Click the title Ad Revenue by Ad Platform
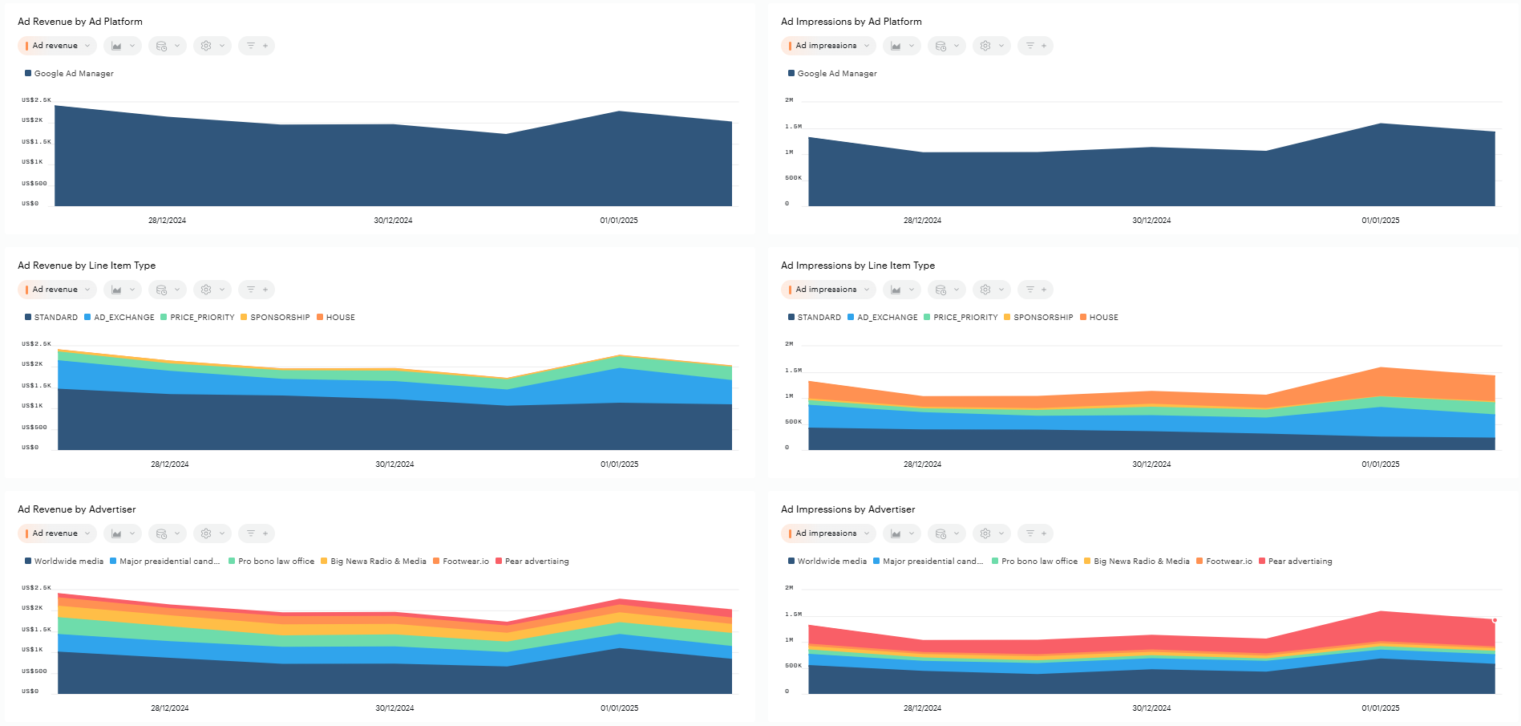pyautogui.click(x=80, y=22)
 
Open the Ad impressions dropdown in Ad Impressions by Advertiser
pyautogui.click(x=827, y=533)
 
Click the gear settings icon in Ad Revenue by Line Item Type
pyautogui.click(x=212, y=290)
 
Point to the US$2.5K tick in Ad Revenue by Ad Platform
pyautogui.click(x=36, y=100)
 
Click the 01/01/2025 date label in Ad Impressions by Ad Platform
pyautogui.click(x=1380, y=221)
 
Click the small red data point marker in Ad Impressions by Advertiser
pyautogui.click(x=1495, y=620)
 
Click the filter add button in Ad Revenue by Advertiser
pyautogui.click(x=257, y=533)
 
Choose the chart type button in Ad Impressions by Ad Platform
pyautogui.click(x=901, y=46)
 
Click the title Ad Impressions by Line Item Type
pyautogui.click(x=857, y=266)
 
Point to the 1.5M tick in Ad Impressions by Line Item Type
pyautogui.click(x=793, y=371)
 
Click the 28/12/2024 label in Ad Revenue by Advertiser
pyautogui.click(x=170, y=708)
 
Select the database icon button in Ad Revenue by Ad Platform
pyautogui.click(x=167, y=46)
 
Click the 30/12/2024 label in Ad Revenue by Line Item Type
pyautogui.click(x=394, y=464)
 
